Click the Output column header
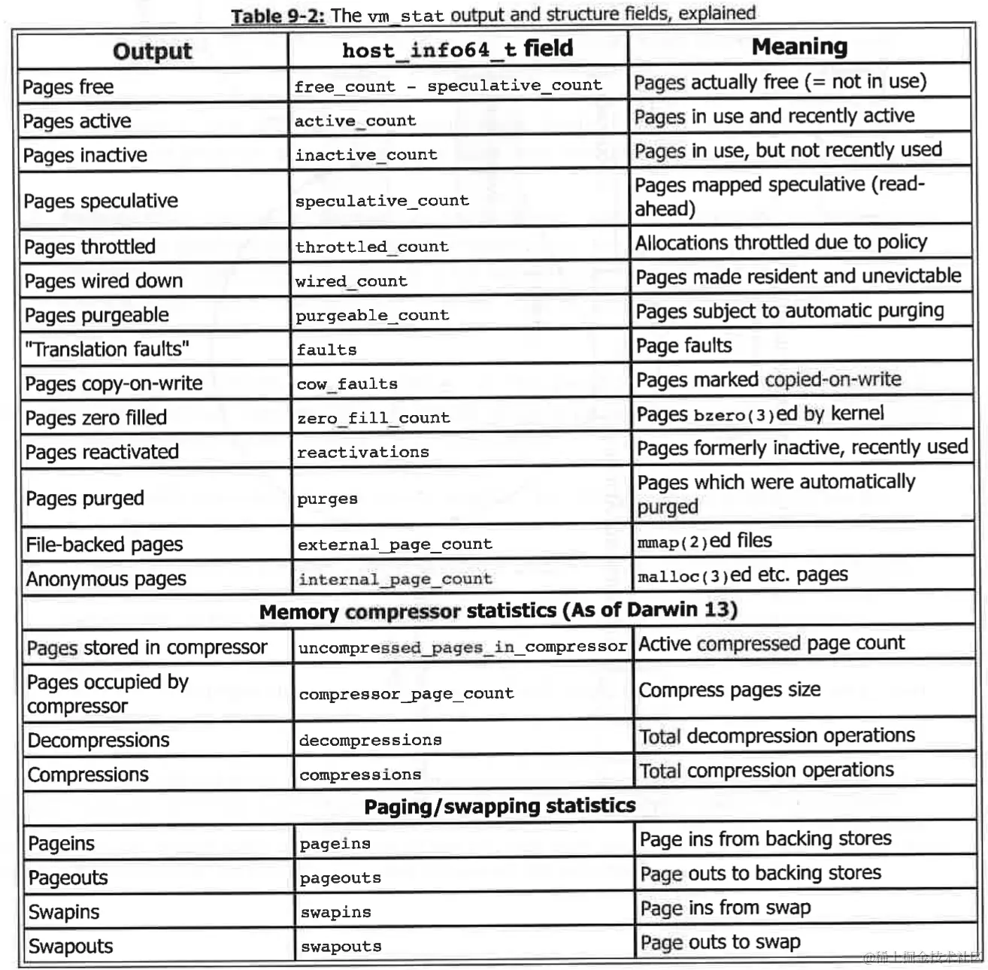pos(152,51)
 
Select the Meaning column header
pos(799,47)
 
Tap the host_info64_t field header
pos(457,50)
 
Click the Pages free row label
pos(68,87)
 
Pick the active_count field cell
pos(355,121)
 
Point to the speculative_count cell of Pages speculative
pos(382,201)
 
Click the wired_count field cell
pos(351,281)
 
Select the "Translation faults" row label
pos(106,350)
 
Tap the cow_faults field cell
pos(347,384)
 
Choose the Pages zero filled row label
pos(95,418)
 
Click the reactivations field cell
pos(362,452)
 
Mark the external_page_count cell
pos(395,544)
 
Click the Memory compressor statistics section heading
pos(498,611)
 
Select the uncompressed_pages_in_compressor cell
pos(462,647)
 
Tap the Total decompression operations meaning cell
pos(777,736)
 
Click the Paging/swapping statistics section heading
pos(499,806)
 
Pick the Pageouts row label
pos(68,878)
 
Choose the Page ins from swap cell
pos(725,908)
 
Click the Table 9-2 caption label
pos(277,16)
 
